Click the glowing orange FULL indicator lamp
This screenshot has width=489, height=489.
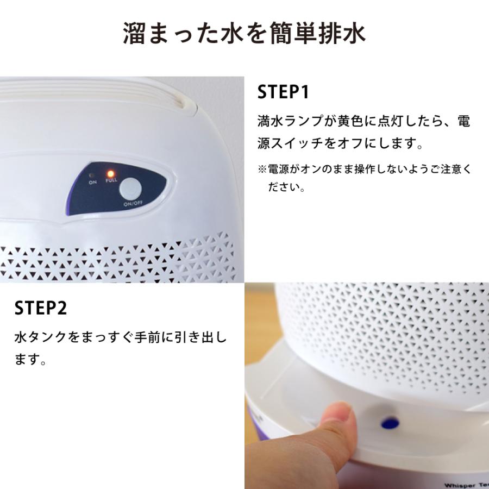tap(110, 173)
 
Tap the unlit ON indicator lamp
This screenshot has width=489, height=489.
tap(91, 175)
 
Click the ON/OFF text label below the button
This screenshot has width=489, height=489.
tap(133, 204)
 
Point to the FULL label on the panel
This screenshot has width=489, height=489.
tap(111, 180)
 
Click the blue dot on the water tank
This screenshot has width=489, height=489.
tap(390, 423)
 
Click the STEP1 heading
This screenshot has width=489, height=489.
tap(283, 92)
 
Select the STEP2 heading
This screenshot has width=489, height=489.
tap(41, 308)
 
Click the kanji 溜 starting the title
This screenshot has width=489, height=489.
tap(134, 33)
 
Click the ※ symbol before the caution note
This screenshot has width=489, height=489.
tap(262, 170)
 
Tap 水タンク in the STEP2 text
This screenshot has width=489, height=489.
tap(41, 337)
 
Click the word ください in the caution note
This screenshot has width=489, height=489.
tap(284, 187)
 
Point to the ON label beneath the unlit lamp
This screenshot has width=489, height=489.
tap(92, 182)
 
